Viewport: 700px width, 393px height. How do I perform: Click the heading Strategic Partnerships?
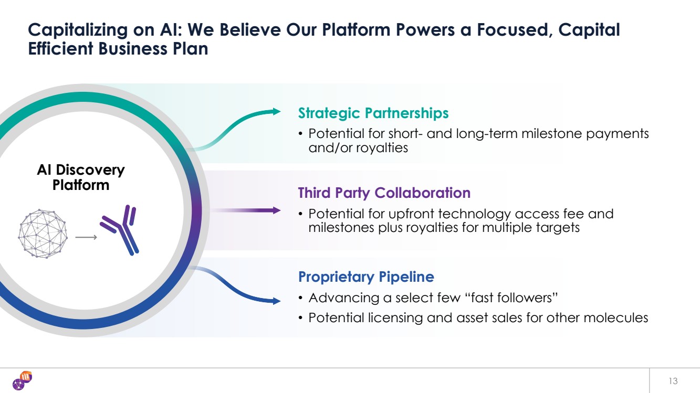pos(373,113)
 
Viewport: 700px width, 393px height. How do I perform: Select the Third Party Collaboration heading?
pos(384,193)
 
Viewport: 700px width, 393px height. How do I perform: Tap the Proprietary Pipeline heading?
pos(366,277)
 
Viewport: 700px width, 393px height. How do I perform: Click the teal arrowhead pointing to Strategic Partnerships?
pos(277,111)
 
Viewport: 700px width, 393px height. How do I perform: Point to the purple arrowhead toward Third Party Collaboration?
pos(277,210)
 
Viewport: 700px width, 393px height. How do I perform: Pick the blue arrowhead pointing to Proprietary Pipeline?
pos(277,301)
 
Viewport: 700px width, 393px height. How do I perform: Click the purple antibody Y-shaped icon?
pos(120,230)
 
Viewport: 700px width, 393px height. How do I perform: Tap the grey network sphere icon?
pos(43,233)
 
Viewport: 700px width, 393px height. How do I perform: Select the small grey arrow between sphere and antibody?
pos(86,237)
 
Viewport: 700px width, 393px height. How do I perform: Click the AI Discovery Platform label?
pos(81,177)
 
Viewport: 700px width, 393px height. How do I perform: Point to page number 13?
pos(673,381)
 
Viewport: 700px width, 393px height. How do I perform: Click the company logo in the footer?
pos(22,380)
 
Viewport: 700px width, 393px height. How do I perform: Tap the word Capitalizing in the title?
pos(78,30)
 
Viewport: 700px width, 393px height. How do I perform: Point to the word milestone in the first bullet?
pos(551,134)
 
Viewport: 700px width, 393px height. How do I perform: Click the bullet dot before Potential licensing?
pos(300,318)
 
